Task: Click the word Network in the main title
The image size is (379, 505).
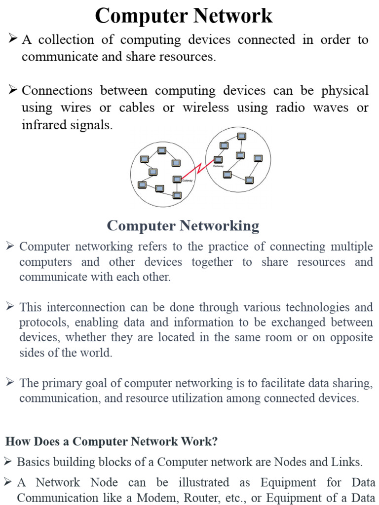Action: coord(233,16)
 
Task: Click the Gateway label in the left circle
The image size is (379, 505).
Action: coord(187,180)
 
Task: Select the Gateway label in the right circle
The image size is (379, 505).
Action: coord(218,166)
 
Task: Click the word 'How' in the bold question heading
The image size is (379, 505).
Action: coord(16,441)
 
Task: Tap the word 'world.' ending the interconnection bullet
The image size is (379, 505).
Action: coord(97,353)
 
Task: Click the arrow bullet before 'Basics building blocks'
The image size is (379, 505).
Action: coord(8,462)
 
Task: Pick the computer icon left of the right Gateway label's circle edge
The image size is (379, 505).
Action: coord(217,159)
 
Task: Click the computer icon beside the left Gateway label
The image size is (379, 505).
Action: coord(177,179)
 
